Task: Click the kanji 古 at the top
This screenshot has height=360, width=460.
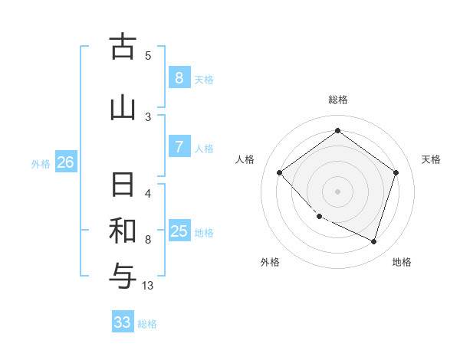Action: coord(122,47)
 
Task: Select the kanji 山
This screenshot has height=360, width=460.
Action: coord(122,107)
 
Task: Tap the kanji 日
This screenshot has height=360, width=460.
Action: coord(122,186)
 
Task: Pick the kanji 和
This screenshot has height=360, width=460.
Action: coord(122,231)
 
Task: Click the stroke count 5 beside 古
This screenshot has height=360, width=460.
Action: coord(148,56)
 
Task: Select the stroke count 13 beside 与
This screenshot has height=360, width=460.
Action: coord(148,286)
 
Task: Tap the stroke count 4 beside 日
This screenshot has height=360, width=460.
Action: coord(148,193)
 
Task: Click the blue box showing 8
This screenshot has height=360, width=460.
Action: coord(179,77)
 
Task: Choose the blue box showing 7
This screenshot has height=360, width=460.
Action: coord(179,146)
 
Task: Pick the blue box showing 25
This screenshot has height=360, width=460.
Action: coord(179,231)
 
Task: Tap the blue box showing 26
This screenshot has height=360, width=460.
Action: coord(65,162)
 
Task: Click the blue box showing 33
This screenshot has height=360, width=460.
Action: coord(123,322)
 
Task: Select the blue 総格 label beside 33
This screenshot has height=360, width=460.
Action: coord(147,324)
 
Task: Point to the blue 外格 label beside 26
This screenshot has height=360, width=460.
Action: coord(41,163)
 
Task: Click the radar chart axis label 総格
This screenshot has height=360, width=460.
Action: coord(337,100)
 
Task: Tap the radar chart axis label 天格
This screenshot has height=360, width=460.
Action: coord(431,159)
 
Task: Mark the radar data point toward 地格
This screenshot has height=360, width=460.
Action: coord(373,241)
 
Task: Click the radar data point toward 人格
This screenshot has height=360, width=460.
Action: coord(280,172)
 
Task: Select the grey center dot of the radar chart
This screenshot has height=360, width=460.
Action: coord(337,191)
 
